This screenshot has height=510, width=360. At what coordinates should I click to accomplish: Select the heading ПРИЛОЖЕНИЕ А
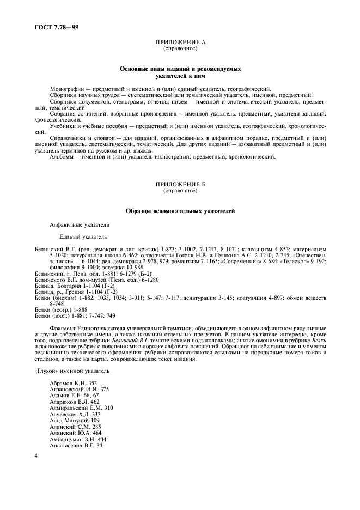click(180, 42)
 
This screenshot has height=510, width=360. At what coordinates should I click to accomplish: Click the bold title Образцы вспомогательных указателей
click(180, 211)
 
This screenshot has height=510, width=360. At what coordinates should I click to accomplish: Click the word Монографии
click(64, 89)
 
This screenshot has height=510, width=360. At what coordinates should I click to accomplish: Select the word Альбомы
click(62, 157)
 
